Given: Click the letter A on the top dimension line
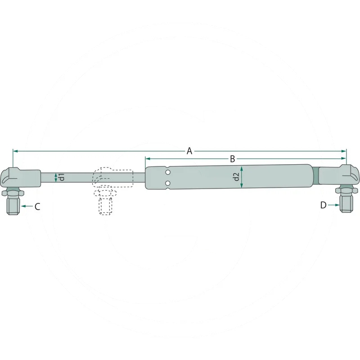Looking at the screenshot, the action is [189, 151].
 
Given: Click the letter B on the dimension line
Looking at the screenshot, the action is [232, 159].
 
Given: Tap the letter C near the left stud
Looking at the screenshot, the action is [37, 207].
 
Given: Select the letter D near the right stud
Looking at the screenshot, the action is [323, 205].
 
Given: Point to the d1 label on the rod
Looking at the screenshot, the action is [62, 177].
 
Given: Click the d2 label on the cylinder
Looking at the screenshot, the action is [236, 177].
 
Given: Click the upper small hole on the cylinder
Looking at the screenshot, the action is [168, 172].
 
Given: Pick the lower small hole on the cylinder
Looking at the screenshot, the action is [168, 183].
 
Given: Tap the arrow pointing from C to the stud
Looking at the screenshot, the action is [27, 206].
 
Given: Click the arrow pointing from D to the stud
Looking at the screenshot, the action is [333, 205].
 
